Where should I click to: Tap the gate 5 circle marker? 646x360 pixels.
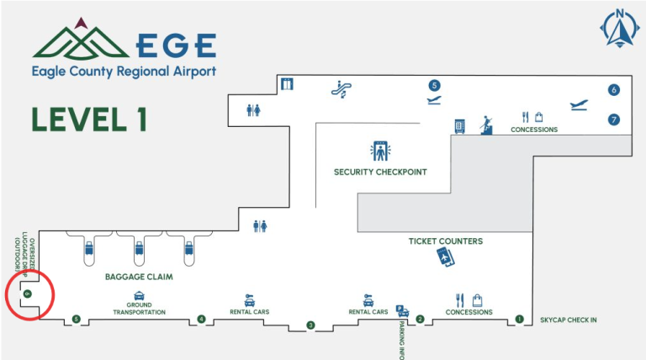434,85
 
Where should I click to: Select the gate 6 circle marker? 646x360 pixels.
614,90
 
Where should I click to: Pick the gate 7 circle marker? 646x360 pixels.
614,119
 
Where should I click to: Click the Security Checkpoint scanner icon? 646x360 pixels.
380,151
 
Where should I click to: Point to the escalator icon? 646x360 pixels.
342,86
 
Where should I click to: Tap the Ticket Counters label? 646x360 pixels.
446,241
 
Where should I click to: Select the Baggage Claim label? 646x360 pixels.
139,276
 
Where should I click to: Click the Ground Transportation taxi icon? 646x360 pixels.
139,296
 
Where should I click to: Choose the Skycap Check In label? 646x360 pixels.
569,320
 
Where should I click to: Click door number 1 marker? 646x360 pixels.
519,319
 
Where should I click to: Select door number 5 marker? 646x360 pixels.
77,319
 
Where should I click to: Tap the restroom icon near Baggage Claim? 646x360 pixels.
261,225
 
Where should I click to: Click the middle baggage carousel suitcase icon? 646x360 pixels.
140,249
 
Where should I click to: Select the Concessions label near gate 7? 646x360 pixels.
534,130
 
